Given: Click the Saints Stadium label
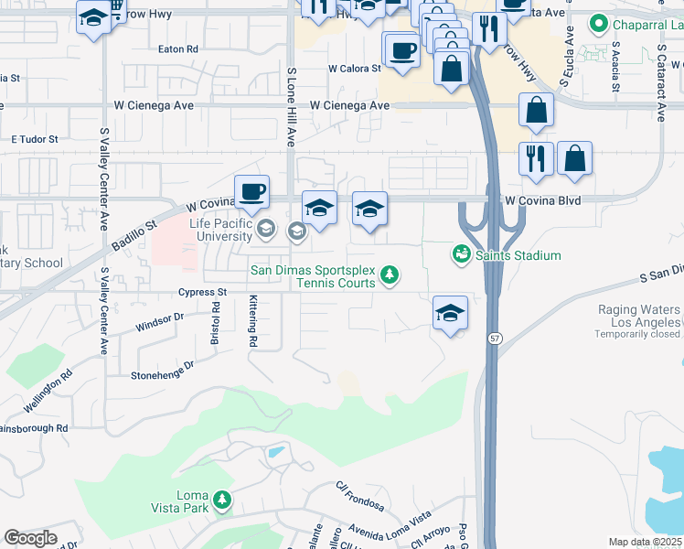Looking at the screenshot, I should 518,255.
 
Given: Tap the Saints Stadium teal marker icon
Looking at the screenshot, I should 463,253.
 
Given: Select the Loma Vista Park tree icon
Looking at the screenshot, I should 222,500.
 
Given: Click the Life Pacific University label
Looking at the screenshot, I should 220,230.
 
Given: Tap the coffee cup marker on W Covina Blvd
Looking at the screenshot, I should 251,192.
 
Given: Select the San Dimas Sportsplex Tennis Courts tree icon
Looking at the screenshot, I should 390,274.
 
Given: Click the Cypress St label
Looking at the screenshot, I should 202,293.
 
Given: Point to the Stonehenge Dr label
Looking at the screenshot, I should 163,369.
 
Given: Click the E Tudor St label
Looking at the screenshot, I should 34,139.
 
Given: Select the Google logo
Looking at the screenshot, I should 30,538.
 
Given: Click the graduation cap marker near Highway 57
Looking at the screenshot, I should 450,313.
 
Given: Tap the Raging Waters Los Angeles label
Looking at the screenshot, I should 639,317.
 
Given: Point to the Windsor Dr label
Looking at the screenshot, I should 159,321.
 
